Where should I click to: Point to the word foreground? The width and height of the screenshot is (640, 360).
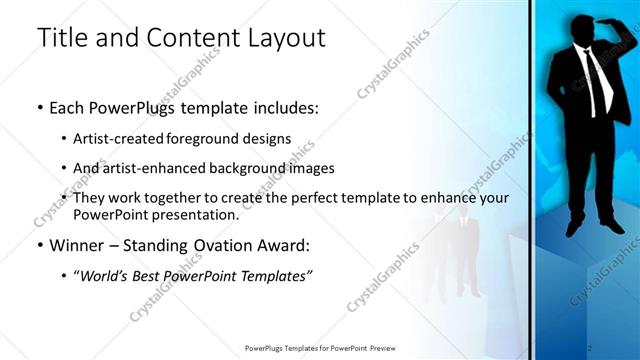pos(217,139)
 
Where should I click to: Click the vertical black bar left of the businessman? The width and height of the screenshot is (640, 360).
pos(531,180)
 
